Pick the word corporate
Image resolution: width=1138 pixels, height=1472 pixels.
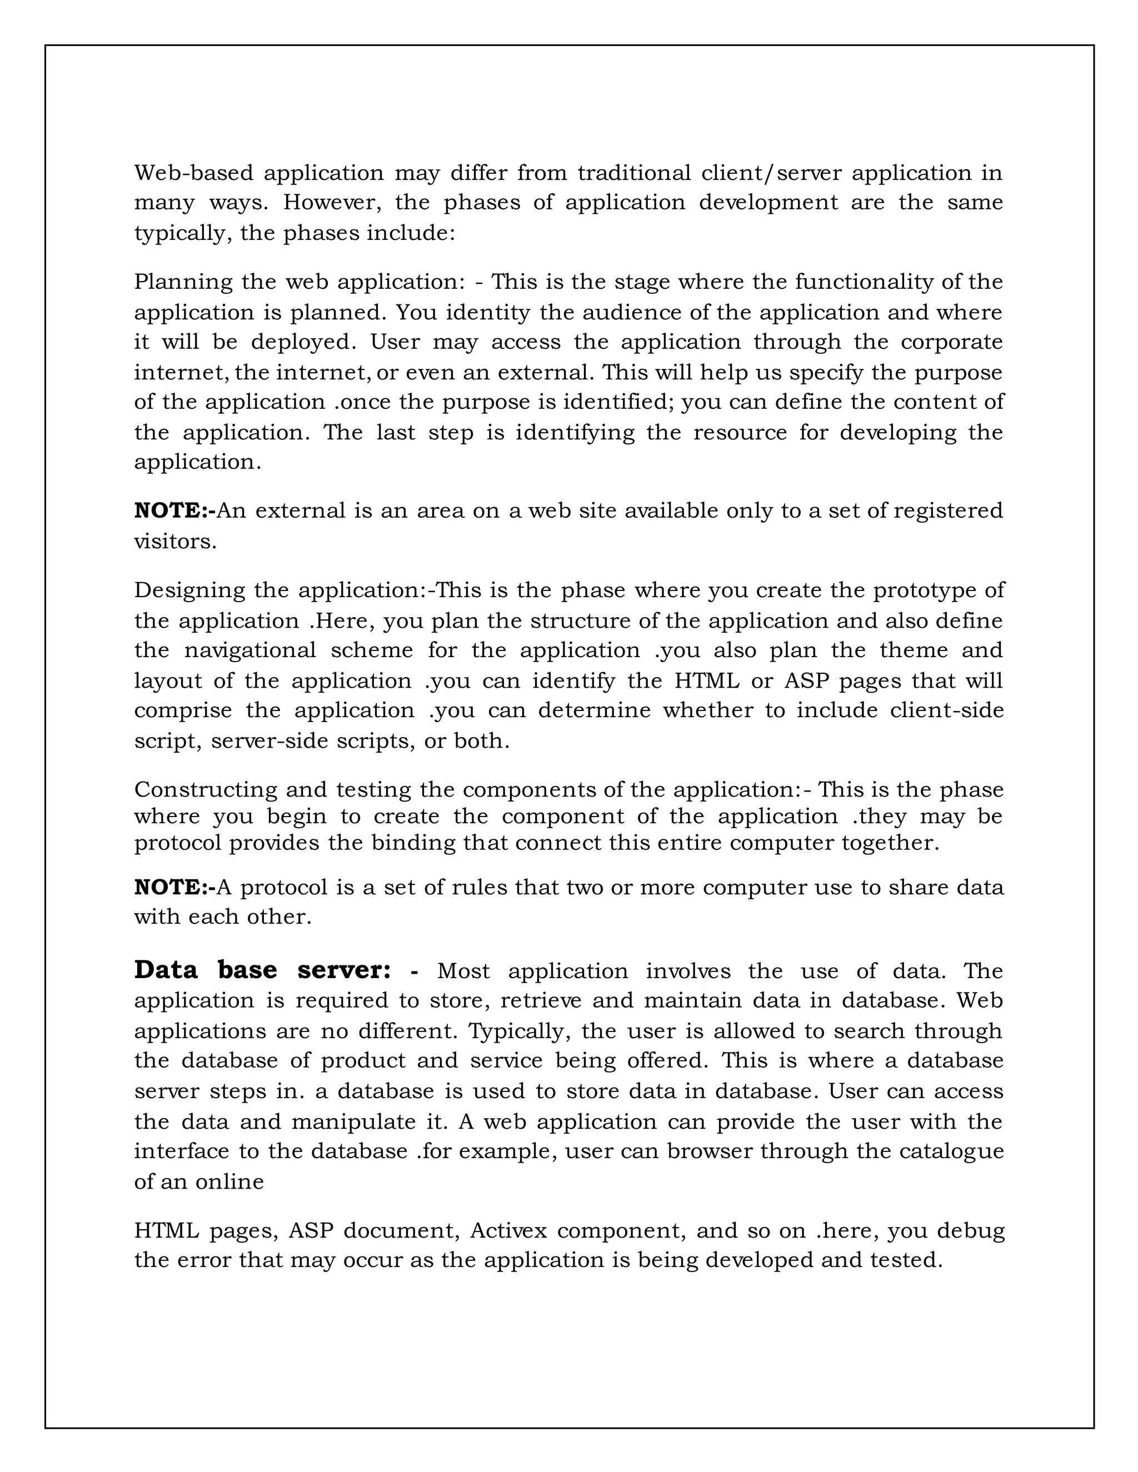coord(951,342)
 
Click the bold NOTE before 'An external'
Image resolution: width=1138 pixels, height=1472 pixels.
coord(171,511)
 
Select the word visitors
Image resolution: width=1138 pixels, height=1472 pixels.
coord(175,541)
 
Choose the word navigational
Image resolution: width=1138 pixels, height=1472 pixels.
coord(250,650)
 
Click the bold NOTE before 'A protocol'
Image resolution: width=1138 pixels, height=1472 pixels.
coord(171,887)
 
